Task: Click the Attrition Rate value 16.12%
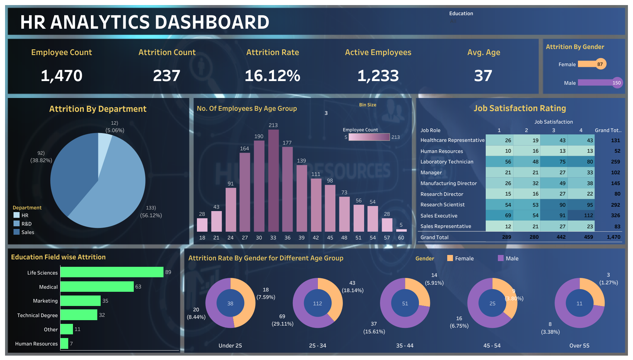(272, 76)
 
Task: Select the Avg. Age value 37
(483, 76)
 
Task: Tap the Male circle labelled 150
(616, 83)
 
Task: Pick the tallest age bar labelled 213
(273, 180)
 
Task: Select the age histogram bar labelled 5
(401, 230)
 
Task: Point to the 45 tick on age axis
(330, 238)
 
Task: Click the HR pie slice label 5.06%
(115, 130)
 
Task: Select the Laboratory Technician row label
(447, 162)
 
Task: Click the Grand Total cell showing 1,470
(613, 237)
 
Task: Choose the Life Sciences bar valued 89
(112, 272)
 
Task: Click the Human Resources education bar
(64, 343)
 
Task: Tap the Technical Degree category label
(37, 315)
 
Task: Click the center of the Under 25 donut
(230, 303)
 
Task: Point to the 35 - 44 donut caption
(405, 345)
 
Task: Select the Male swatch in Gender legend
(501, 258)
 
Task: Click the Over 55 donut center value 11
(579, 303)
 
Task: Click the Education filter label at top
(461, 14)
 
